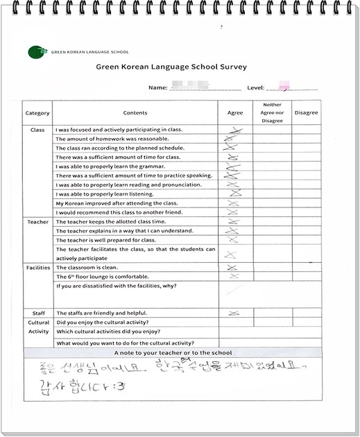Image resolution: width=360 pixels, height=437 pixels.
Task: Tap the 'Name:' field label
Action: [158, 88]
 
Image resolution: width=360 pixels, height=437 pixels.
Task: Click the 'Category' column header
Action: [37, 112]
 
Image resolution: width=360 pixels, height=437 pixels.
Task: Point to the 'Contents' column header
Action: [135, 112]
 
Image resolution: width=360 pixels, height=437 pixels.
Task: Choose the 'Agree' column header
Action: [235, 112]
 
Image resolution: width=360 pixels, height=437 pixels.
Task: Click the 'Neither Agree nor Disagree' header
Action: [272, 112]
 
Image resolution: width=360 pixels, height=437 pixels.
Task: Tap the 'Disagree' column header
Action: [306, 112]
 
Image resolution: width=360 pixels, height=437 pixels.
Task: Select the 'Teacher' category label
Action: [37, 222]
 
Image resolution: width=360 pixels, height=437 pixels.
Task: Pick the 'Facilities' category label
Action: [37, 267]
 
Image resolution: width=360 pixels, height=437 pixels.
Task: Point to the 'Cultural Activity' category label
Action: [38, 327]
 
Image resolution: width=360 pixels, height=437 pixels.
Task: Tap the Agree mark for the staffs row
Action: [234, 314]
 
